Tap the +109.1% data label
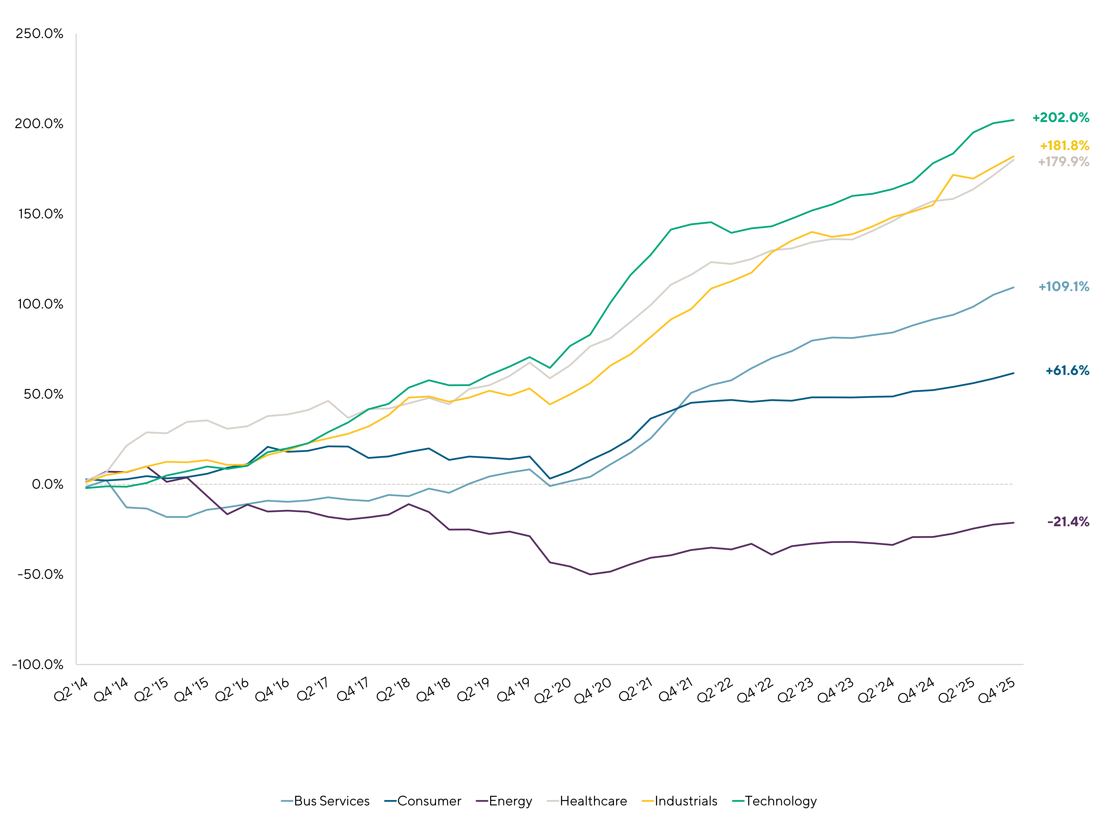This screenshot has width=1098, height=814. point(1063,287)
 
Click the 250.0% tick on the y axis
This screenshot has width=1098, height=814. point(39,34)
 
